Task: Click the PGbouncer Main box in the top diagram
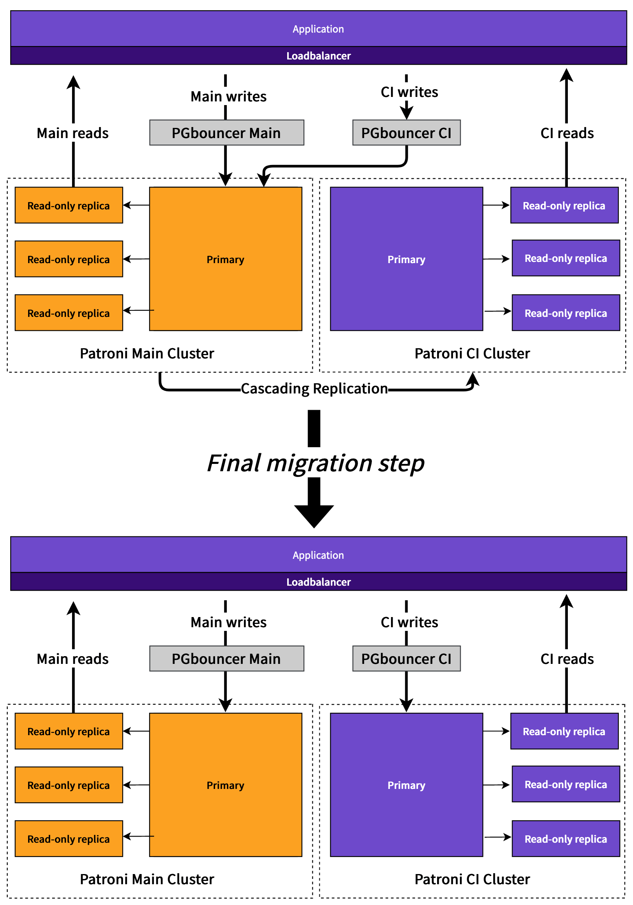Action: tap(226, 133)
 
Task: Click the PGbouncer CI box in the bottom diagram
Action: tap(406, 659)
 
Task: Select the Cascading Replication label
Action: tap(314, 389)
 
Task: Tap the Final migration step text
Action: tap(316, 463)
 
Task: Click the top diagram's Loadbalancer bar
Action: tap(318, 56)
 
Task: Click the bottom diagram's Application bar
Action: tap(318, 555)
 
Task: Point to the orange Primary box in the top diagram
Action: tap(225, 259)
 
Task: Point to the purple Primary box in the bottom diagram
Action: tap(406, 785)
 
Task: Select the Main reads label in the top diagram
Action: tap(73, 133)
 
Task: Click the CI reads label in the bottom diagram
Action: tap(567, 659)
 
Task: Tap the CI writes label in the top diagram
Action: tap(409, 92)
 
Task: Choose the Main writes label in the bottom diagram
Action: tap(228, 622)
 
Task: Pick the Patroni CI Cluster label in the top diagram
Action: tap(472, 354)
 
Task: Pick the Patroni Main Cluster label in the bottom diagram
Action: tap(147, 879)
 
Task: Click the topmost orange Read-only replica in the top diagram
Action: tap(68, 205)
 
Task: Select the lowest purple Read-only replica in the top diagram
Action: tap(565, 313)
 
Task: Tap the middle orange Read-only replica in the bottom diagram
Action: tap(68, 785)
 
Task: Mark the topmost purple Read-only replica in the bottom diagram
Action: tap(564, 731)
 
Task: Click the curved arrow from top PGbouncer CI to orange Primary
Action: tap(334, 166)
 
